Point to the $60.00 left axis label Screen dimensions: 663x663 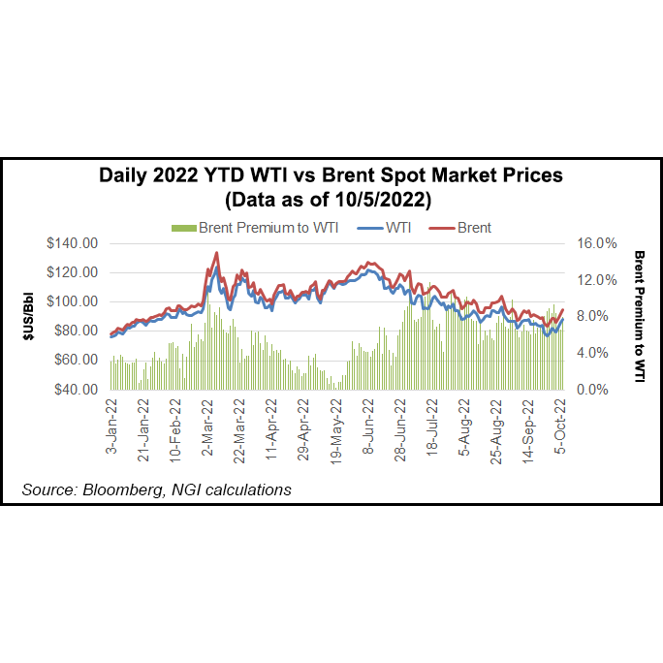pyautogui.click(x=76, y=360)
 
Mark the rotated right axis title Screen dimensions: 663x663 pyautogui.click(x=639, y=316)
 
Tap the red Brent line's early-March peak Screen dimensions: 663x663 pyautogui.click(x=215, y=253)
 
